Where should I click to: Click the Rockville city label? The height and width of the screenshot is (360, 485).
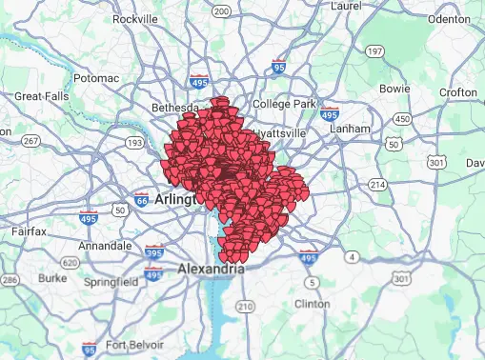pos(135,18)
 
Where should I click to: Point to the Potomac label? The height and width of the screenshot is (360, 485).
pos(95,76)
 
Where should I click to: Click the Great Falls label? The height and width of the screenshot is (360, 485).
pos(39,96)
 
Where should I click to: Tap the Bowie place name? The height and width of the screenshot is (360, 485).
pos(394,89)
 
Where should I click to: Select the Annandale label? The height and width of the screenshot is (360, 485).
pos(103,245)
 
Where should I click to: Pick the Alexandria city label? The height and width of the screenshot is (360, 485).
pos(211,270)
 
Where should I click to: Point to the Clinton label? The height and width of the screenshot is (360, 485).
pos(313,303)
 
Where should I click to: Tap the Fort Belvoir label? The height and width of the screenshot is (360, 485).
pos(136,345)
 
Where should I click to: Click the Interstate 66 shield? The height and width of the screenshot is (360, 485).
pos(141,200)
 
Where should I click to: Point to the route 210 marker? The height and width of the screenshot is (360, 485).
pos(245,306)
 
